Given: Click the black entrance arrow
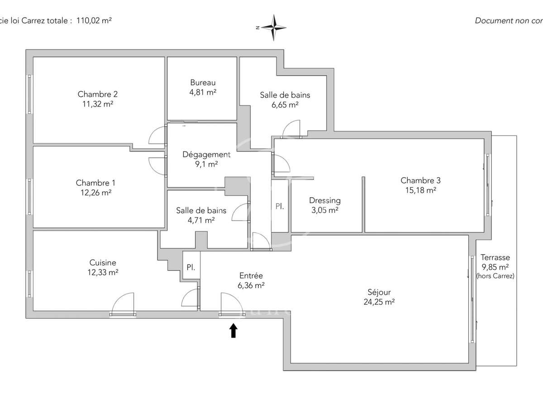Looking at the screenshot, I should tap(233, 331).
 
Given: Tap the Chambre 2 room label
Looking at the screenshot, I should tap(98, 95).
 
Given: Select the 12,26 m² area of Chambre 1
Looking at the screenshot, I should tap(95, 192).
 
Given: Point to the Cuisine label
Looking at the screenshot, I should tap(103, 263).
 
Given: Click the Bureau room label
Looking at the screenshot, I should tap(203, 83).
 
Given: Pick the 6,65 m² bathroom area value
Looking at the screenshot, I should tap(285, 105).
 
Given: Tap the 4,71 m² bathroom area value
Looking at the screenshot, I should tap(201, 220).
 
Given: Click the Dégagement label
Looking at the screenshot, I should tap(206, 155).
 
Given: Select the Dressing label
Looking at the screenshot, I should tap(325, 200).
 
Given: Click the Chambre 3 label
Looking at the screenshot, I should tap(420, 180).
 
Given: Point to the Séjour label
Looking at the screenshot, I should tap(379, 292).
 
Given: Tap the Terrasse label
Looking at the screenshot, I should tap(495, 257).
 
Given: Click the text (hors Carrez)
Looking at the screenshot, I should tap(495, 276).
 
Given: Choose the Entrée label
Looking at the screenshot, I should tap(251, 276).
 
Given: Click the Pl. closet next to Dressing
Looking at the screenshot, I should tap(280, 206).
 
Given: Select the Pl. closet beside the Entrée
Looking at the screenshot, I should tap(191, 267).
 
